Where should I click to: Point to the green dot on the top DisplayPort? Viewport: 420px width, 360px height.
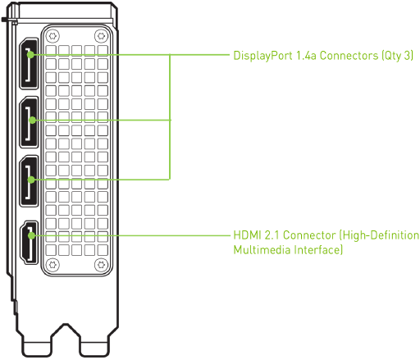(31, 56)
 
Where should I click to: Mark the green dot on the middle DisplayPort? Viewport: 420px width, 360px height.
(31, 121)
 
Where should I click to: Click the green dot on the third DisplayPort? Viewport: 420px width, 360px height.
(31, 178)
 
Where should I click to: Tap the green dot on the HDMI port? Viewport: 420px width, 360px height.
(31, 235)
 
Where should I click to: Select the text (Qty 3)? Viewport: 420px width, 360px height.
(397, 57)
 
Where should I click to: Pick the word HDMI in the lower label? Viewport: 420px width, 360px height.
(246, 235)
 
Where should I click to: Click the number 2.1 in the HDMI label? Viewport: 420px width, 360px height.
(271, 235)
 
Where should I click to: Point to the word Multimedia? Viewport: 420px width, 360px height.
(262, 249)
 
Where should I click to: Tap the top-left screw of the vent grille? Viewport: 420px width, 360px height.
(52, 36)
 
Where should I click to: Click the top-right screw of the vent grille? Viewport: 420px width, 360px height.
(100, 36)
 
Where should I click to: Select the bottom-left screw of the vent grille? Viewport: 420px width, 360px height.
(52, 263)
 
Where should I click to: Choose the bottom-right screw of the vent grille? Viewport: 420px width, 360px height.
(100, 263)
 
